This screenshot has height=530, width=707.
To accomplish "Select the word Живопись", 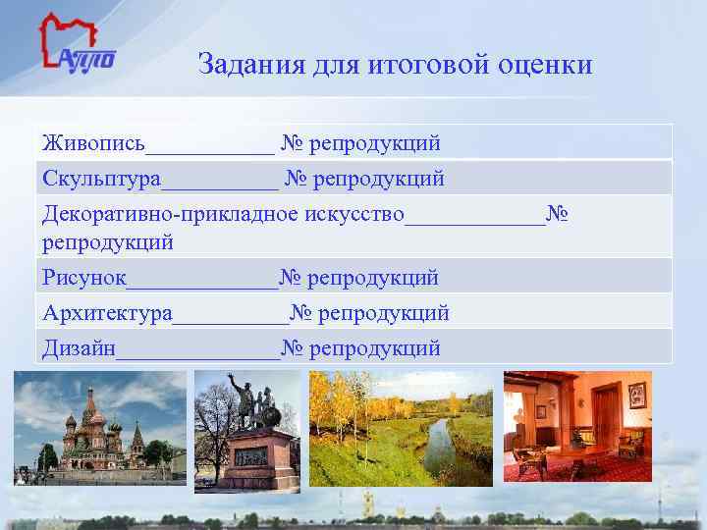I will (x=93, y=144).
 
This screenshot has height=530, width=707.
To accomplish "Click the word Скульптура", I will (x=101, y=180).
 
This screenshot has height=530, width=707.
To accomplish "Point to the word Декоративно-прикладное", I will (x=171, y=214).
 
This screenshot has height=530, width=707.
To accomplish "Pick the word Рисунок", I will (x=84, y=278).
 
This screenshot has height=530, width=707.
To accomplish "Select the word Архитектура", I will (x=107, y=313).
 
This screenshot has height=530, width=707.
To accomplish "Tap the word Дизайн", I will (x=79, y=347).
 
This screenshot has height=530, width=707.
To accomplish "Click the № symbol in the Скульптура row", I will (x=297, y=180).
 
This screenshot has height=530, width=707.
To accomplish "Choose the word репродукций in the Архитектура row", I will (x=385, y=313).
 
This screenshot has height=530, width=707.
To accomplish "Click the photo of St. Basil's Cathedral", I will (x=98, y=428).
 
